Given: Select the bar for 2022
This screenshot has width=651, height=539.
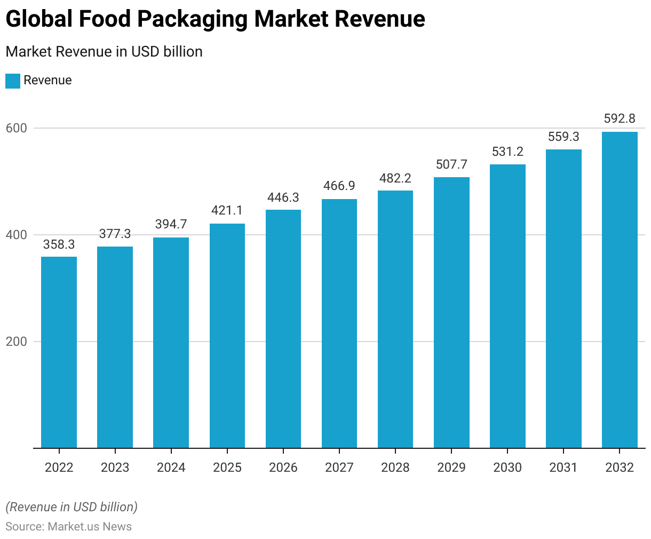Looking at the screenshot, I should coord(59,352).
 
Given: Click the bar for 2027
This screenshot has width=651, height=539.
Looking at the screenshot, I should coord(339,323).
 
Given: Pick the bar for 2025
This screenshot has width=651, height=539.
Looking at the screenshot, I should coord(227,336).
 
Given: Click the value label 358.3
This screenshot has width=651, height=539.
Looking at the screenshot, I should coord(59,244).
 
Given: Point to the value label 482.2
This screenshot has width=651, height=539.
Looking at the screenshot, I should coord(395,178).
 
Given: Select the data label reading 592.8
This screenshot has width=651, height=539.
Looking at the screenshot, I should coord(620,118).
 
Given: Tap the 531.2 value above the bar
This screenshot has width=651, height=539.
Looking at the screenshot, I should coord(507,152).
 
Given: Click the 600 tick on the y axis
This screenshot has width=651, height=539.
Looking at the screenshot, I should coord(16,128).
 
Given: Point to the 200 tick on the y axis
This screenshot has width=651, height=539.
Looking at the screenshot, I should coord(16,342).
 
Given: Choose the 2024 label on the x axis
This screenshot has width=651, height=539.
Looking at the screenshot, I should coord(171,467).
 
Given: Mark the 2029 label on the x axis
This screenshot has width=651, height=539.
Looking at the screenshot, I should coord(451,467).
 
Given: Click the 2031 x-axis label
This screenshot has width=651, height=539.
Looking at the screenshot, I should coord(563,467).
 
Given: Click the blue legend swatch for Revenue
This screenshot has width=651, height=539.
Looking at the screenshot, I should coord(13,81).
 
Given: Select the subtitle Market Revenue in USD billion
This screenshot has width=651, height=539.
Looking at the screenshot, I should coord(104,52).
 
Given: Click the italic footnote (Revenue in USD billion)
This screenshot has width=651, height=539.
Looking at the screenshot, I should coord(72,506).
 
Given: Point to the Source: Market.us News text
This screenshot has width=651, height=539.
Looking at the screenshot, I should coord(68,527).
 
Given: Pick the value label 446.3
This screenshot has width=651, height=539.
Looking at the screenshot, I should coord(283,197).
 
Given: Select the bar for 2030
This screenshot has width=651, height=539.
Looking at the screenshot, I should coord(507,306).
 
